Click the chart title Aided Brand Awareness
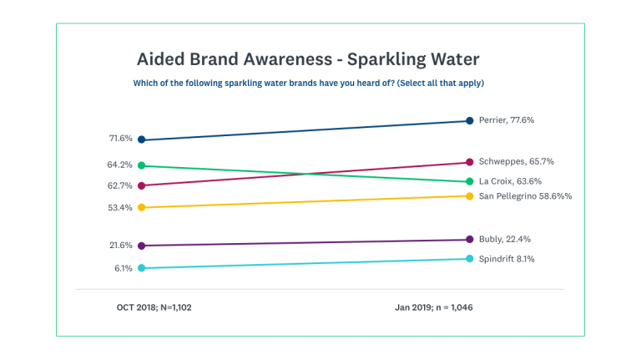pos(307,61)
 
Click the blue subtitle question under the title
pos(308,84)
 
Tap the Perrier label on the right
pos(506,120)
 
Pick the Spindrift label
pos(507,259)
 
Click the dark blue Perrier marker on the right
pos(471,120)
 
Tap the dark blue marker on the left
pos(142,139)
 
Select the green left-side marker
pos(142,165)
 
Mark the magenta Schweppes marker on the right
pos(471,162)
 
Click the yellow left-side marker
pos(142,207)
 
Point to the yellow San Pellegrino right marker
pos(471,196)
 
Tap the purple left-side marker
pos(142,246)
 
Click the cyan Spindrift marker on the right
pos(471,259)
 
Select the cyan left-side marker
pos(142,268)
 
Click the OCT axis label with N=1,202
pos(154,307)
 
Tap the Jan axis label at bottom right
pos(434,307)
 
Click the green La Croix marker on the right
pos(471,181)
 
